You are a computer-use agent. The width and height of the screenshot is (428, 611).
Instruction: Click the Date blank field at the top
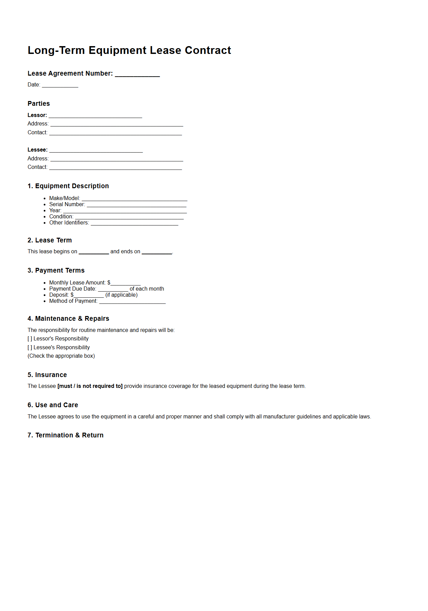click(60, 85)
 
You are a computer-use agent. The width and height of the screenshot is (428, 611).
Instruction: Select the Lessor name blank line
click(95, 116)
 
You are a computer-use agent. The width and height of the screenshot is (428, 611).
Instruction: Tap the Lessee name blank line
click(96, 151)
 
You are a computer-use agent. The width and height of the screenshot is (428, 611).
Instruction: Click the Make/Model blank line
click(135, 199)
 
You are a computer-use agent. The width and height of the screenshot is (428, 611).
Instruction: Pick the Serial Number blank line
click(137, 205)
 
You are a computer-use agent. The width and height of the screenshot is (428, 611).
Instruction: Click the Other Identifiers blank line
click(135, 223)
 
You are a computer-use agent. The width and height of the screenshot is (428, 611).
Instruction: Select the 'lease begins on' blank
click(94, 252)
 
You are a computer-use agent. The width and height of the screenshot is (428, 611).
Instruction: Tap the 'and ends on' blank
click(157, 252)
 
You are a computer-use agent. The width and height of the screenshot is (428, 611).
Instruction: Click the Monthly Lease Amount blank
click(125, 283)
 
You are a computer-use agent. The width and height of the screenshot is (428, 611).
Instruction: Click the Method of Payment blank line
click(133, 302)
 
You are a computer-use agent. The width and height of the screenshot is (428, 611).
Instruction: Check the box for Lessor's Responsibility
click(30, 339)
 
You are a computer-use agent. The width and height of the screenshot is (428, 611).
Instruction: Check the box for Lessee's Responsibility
click(30, 348)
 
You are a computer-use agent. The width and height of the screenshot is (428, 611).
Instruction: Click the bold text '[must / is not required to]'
click(90, 386)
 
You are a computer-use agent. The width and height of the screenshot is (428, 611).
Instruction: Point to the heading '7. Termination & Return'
click(65, 435)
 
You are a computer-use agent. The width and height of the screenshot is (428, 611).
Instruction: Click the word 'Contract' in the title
click(208, 51)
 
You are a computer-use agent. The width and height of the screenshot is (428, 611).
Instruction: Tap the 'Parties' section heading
click(39, 104)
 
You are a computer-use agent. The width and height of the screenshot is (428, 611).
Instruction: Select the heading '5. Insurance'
click(47, 375)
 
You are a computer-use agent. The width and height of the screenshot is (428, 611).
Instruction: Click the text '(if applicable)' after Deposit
click(121, 295)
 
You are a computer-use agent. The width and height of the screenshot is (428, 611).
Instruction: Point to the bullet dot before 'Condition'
click(45, 217)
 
